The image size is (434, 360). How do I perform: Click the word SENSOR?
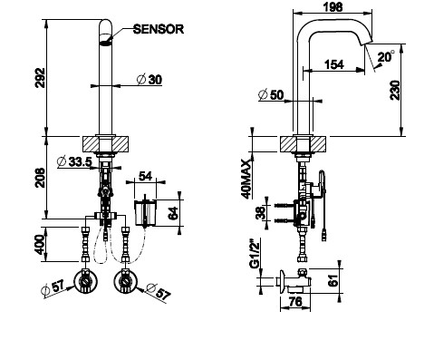(159, 29)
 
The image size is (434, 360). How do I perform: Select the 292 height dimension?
(40, 78)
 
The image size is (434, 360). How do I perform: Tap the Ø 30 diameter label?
(149, 80)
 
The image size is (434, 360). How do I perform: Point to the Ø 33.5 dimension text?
(74, 161)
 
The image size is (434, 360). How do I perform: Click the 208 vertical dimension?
(40, 178)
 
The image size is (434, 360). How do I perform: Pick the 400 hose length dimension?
(40, 244)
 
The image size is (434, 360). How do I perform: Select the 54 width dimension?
(145, 176)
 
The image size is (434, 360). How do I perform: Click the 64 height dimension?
(173, 213)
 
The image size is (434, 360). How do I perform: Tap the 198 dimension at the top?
(333, 6)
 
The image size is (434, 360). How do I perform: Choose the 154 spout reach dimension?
(334, 64)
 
